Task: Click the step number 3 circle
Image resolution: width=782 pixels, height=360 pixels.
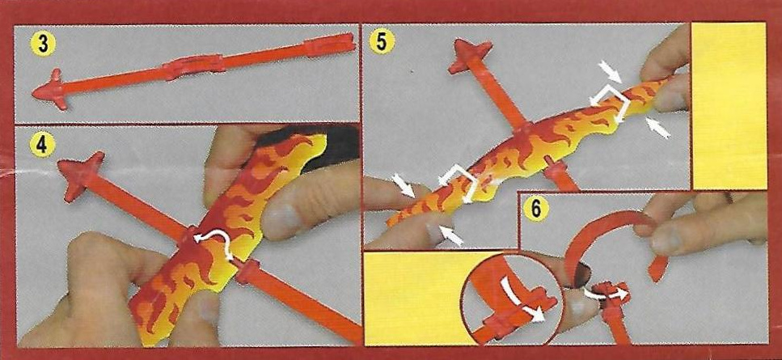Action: click(43, 44)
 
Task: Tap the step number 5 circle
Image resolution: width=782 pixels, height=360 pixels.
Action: click(382, 42)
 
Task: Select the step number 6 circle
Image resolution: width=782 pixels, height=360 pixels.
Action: click(535, 210)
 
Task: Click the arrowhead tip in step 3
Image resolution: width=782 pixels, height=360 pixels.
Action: click(33, 93)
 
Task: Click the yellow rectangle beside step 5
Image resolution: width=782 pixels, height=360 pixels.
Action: click(729, 106)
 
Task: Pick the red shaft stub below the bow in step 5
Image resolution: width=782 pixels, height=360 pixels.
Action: click(561, 175)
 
